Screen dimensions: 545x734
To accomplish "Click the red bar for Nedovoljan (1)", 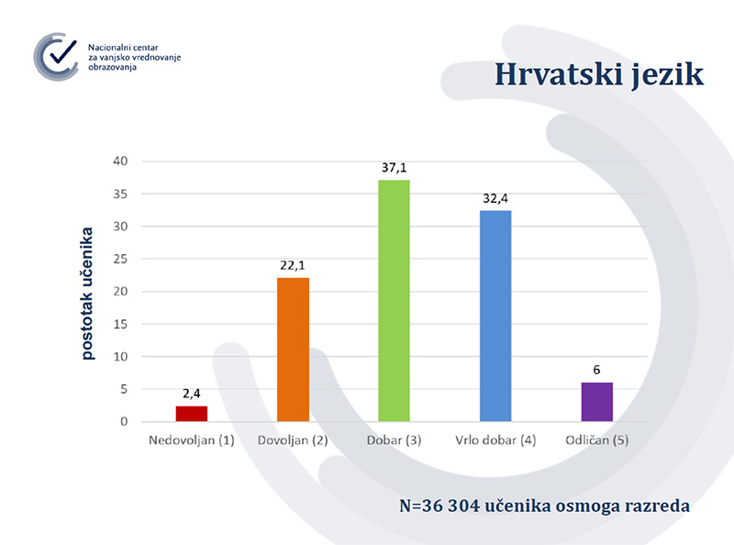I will (193, 414).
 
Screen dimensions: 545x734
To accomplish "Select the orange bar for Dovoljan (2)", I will (294, 350).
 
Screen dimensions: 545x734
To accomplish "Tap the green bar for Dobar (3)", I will (395, 301).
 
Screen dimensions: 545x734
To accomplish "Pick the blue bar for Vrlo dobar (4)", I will (495, 316).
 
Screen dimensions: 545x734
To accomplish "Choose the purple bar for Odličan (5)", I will (596, 402).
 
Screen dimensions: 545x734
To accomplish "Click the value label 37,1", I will (395, 168).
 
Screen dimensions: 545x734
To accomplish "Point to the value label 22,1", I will (294, 265).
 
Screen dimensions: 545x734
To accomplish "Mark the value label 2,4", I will (193, 394).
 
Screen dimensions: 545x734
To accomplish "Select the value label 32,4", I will (495, 198).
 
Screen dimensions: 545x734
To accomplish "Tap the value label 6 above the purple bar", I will (596, 371).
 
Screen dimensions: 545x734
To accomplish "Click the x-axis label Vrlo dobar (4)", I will (495, 440).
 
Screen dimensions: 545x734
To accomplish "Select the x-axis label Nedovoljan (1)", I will (193, 440).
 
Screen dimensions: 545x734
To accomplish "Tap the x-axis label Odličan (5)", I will (596, 440).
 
